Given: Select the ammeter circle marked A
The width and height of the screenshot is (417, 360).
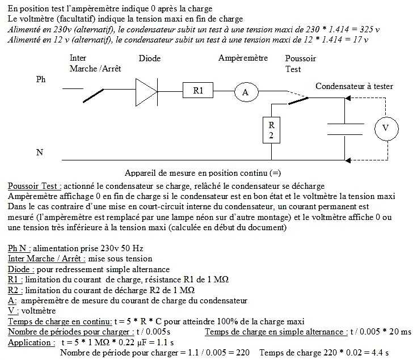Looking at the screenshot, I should (x=246, y=92).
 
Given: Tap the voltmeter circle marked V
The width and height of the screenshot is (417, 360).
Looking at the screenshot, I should (x=386, y=129).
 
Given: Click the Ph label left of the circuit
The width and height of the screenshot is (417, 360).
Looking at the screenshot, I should (x=41, y=79).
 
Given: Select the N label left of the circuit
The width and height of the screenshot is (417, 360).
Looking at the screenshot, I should (x=39, y=152).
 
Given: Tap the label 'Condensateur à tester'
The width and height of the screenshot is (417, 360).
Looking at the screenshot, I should (x=354, y=86).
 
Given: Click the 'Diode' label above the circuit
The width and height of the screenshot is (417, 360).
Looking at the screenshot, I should (x=150, y=58).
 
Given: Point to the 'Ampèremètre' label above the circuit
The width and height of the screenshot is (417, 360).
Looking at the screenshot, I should (x=243, y=58).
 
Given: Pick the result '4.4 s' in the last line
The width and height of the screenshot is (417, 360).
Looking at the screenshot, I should (x=378, y=353).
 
